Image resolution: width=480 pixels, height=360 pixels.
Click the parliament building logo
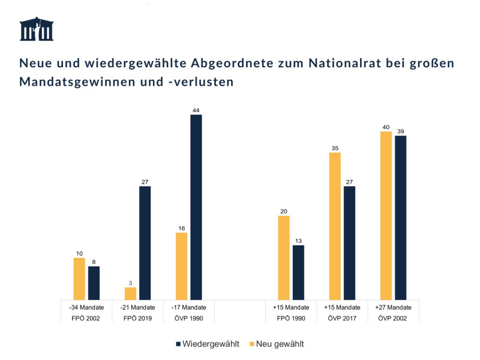(x=37, y=29)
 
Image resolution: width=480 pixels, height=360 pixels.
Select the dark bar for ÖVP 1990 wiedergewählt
(x=196, y=207)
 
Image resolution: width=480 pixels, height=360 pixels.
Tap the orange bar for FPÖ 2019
(x=130, y=293)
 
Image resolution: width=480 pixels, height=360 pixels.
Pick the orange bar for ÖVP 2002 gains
(x=386, y=215)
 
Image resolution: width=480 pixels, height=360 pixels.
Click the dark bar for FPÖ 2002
(x=94, y=283)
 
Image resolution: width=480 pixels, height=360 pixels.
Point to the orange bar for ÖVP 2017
(x=335, y=226)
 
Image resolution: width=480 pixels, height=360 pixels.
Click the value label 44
(x=196, y=110)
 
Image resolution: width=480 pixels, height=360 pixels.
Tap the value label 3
(x=130, y=283)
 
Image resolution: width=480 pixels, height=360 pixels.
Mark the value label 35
(x=335, y=148)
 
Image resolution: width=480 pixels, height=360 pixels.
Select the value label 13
(x=298, y=241)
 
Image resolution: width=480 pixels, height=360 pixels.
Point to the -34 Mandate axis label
(x=86, y=307)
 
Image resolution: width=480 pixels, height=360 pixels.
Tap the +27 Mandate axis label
(x=393, y=307)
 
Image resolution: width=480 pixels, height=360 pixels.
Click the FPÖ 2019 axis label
(x=137, y=318)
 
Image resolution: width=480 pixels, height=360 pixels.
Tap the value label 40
(x=386, y=127)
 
